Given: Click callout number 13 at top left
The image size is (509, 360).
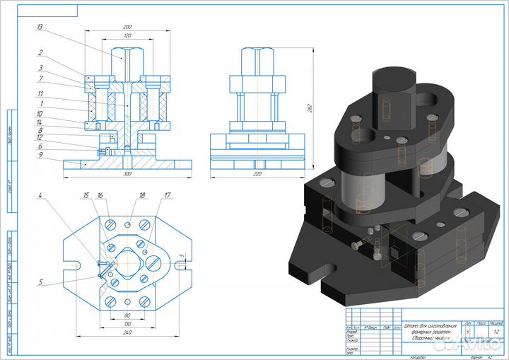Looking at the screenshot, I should (40, 26).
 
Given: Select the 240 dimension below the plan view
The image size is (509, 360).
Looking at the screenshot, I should (128, 332).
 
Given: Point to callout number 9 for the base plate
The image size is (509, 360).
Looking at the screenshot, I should (40, 154).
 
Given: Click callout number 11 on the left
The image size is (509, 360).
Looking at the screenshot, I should (40, 93).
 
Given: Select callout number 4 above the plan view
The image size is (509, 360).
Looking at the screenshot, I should (40, 194).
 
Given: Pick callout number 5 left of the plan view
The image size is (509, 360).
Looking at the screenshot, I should (40, 283).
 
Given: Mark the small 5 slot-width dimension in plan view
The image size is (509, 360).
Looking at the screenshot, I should (182, 255).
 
